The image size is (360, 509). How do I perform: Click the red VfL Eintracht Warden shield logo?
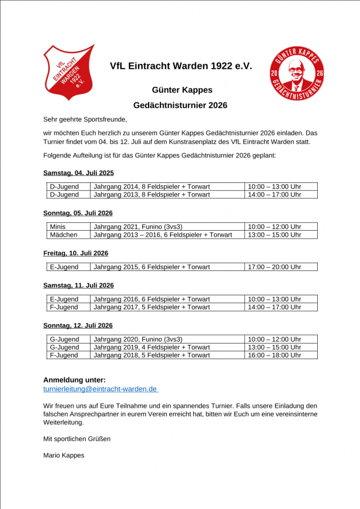pyautogui.click(x=68, y=72)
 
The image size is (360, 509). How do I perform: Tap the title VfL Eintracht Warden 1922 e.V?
pyautogui.click(x=180, y=66)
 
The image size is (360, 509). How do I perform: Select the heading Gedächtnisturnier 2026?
pyautogui.click(x=180, y=105)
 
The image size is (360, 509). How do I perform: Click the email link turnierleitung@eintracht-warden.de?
pyautogui.click(x=100, y=389)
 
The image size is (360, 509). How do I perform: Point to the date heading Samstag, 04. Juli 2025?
pyautogui.click(x=79, y=173)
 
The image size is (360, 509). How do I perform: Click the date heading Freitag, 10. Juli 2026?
pyautogui.click(x=76, y=253)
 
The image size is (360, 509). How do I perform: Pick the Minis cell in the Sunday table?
pyautogui.click(x=58, y=227)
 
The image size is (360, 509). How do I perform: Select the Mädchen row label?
pyautogui.click(x=63, y=235)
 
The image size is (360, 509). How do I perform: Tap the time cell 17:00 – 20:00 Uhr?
pyautogui.click(x=274, y=267)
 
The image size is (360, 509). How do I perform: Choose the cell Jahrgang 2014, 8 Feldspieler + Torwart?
pyautogui.click(x=152, y=186)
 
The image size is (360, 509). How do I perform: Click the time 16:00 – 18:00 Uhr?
pyautogui.click(x=274, y=355)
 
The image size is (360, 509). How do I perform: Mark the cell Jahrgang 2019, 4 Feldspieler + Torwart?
pyautogui.click(x=152, y=347)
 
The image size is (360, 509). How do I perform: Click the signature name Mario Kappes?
pyautogui.click(x=64, y=455)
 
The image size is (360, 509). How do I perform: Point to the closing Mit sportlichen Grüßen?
pyautogui.click(x=77, y=439)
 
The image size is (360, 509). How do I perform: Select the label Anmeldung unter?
pyautogui.click(x=74, y=380)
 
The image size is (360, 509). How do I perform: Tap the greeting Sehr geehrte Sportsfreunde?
pyautogui.click(x=85, y=119)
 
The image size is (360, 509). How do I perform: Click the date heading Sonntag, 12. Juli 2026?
pyautogui.click(x=78, y=326)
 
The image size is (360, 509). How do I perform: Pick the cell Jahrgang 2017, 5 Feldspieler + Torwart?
pyautogui.click(x=152, y=307)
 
